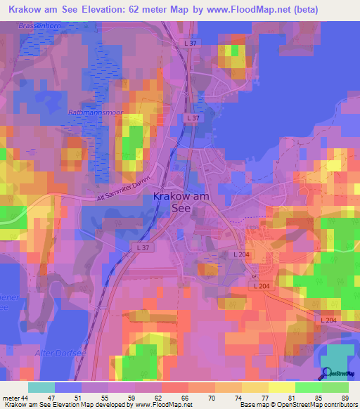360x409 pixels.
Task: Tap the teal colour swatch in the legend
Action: [x=41, y=387]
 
